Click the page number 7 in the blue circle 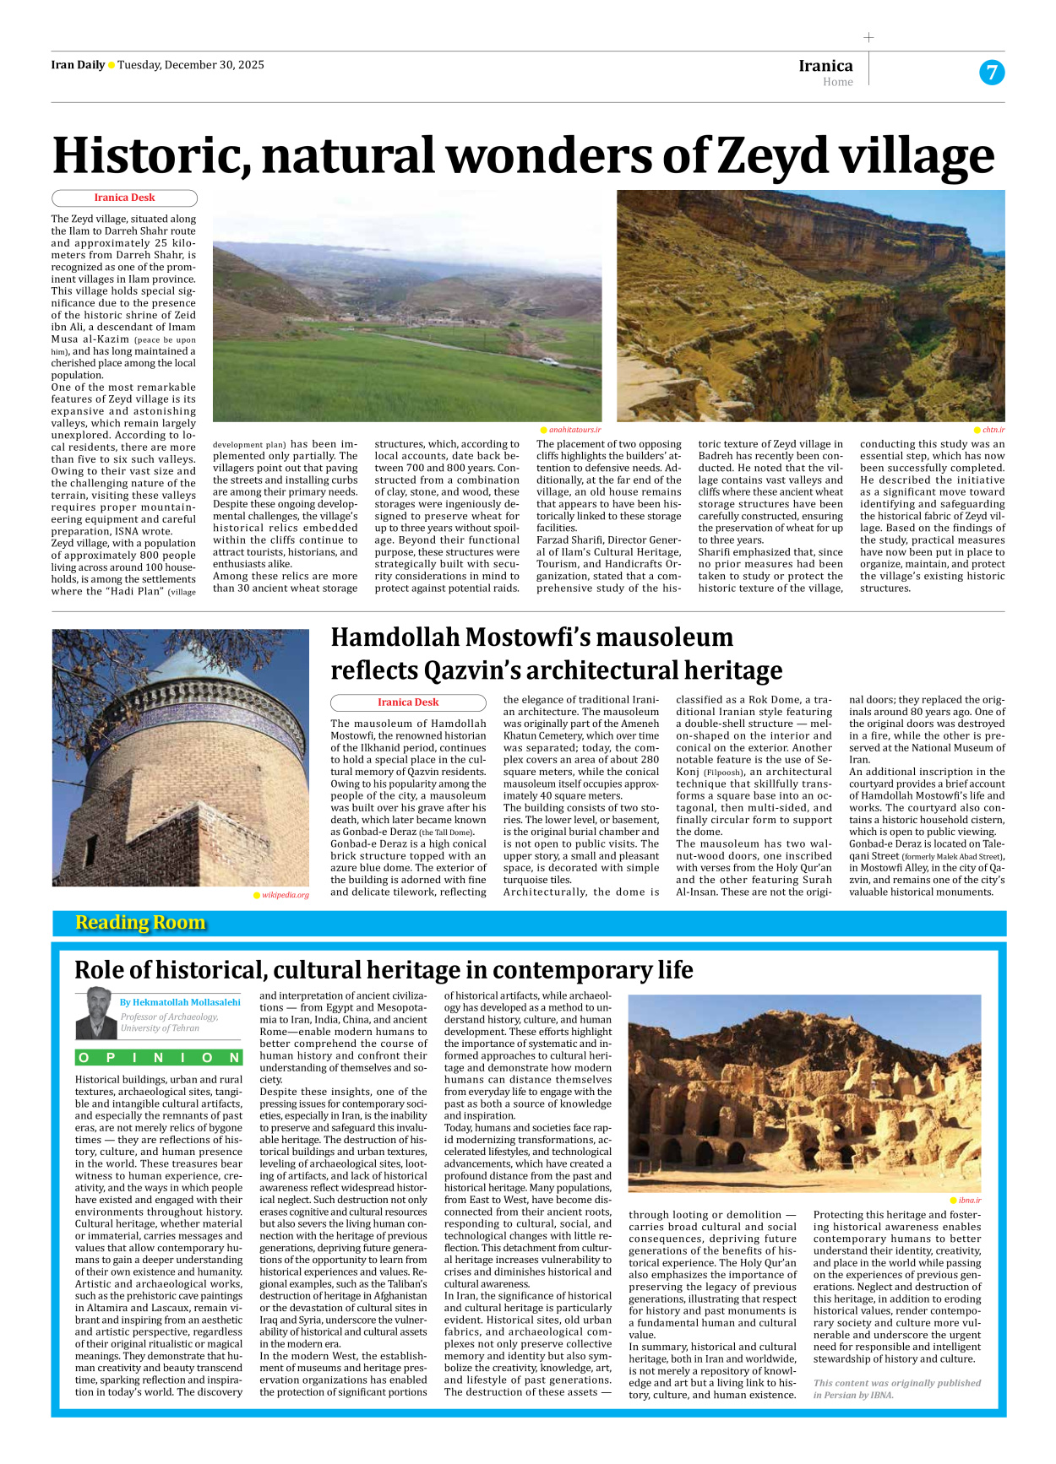coord(992,73)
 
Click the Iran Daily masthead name coord(78,65)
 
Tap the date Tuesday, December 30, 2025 coord(191,65)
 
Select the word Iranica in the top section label coord(825,66)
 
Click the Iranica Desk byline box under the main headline coord(124,198)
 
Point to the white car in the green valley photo coord(548,361)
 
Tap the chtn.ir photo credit coord(993,430)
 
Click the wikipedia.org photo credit coord(285,895)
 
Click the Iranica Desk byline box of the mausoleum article coord(408,702)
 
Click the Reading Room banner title coord(140,922)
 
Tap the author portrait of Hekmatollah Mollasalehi coord(96,1013)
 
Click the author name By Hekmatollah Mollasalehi coord(180,1002)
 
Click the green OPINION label coord(159,1058)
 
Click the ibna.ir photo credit coord(969,1200)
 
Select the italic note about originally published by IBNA coord(896,1389)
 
